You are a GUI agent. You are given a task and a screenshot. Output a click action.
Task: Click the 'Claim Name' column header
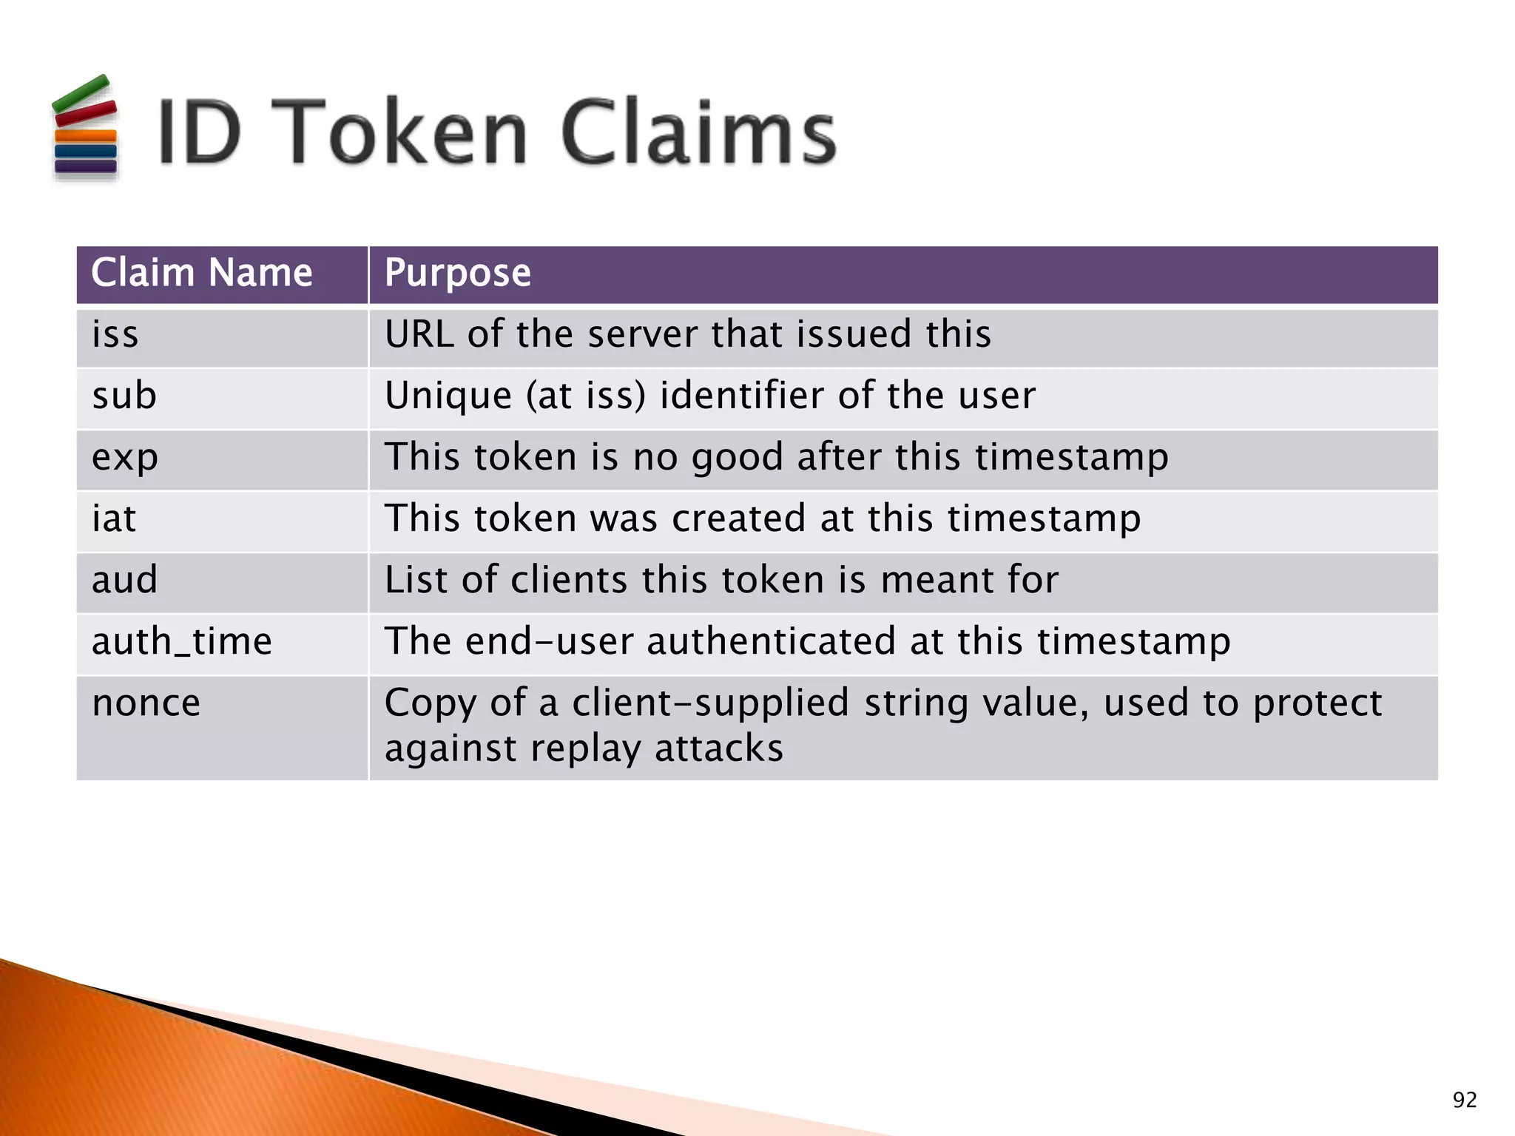[x=201, y=273]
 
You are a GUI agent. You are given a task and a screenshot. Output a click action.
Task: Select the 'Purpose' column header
[x=457, y=273]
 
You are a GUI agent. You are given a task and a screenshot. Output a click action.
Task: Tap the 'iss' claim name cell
[x=115, y=334]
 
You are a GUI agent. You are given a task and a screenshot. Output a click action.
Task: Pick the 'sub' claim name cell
[x=124, y=396]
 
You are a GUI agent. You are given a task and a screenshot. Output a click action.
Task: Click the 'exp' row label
[x=124, y=458]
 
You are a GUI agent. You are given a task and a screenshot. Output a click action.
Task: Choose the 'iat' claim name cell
[x=114, y=518]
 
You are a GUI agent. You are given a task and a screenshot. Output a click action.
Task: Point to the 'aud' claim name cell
[x=124, y=580]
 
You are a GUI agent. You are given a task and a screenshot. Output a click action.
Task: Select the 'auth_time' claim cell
[x=181, y=641]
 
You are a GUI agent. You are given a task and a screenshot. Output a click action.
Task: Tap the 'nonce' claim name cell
[x=146, y=703]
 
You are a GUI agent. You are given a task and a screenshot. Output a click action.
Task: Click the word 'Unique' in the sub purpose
[x=448, y=396]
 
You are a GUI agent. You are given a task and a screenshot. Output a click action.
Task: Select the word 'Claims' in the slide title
[x=698, y=133]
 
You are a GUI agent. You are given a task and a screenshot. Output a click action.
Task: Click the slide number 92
[x=1464, y=1100]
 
